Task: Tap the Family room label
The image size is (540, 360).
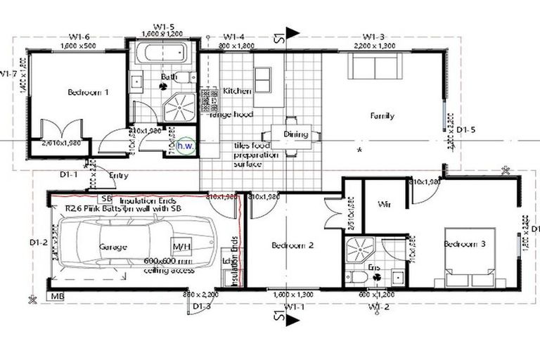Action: pyautogui.click(x=382, y=116)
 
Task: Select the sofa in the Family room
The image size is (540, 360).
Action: pyautogui.click(x=374, y=67)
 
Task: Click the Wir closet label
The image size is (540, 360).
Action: pyautogui.click(x=384, y=205)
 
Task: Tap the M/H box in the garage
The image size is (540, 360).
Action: pyautogui.click(x=181, y=247)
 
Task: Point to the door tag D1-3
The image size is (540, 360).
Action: pyautogui.click(x=202, y=306)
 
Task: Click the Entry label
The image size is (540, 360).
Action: pyautogui.click(x=119, y=176)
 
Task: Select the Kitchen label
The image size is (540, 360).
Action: pyautogui.click(x=237, y=91)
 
